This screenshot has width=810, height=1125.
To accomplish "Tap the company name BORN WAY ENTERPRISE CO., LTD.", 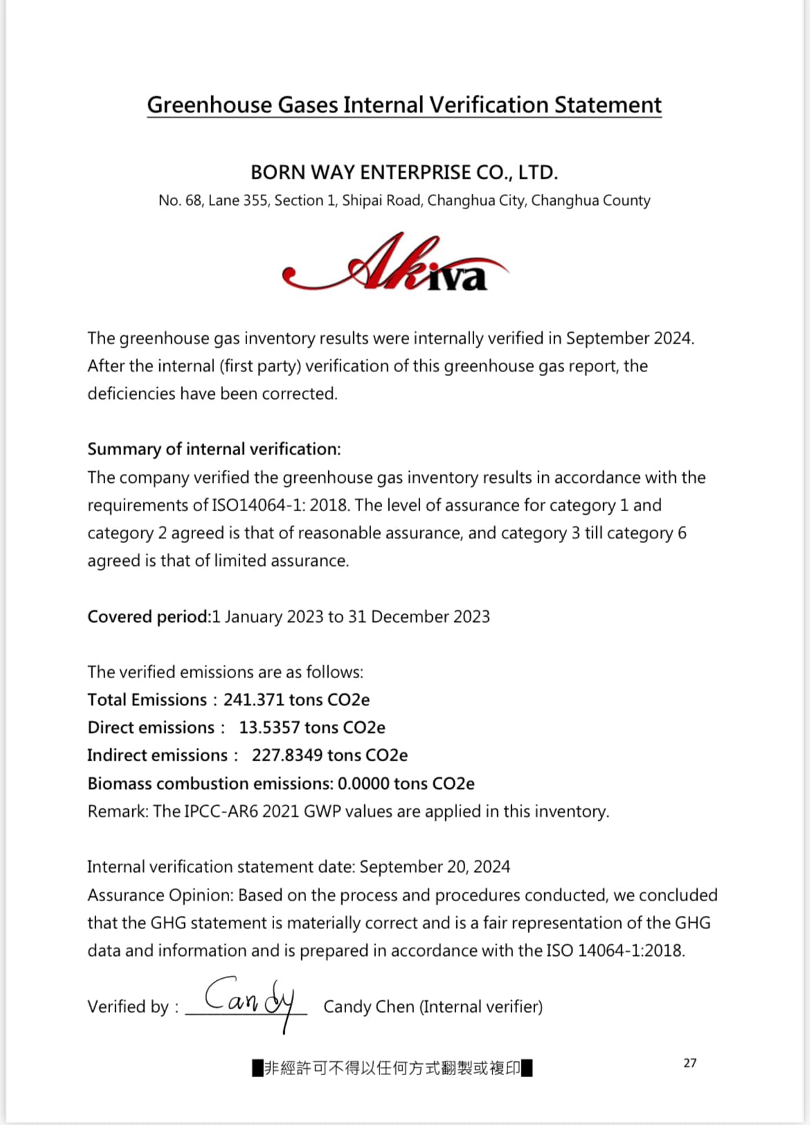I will tap(404, 172).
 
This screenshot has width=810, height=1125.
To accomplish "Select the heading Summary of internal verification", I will tap(214, 450).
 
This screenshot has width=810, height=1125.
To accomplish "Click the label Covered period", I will tap(147, 617).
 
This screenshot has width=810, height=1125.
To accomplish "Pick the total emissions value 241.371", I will tap(253, 700).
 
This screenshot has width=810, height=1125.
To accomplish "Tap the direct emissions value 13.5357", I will tap(269, 728).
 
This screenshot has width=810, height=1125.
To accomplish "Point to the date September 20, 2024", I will tap(435, 867).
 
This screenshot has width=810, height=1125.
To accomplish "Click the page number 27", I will tap(690, 1063).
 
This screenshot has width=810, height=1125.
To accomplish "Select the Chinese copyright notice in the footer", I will tap(393, 1068).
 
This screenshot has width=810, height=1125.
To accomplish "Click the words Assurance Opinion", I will tap(160, 896).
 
